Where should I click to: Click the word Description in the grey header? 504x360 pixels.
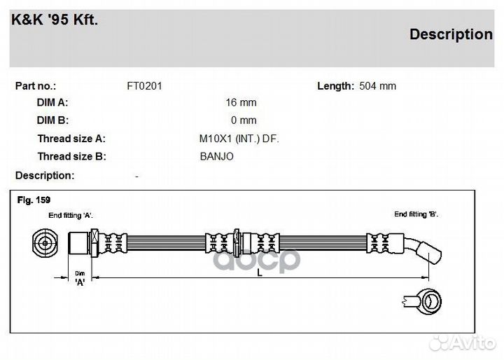[x=450, y=34]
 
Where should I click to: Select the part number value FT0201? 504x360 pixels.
[x=144, y=86]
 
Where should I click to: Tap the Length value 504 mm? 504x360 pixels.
[x=377, y=86]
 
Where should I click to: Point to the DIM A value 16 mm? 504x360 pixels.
[x=241, y=102]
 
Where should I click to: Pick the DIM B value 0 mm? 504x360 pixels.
[x=244, y=120]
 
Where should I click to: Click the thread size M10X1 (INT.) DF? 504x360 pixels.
[x=239, y=139]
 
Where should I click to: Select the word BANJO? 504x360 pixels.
[x=216, y=157]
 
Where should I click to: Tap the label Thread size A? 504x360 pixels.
[x=71, y=139]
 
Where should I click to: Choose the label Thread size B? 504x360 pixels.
[x=71, y=157]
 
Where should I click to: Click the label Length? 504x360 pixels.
[x=335, y=86]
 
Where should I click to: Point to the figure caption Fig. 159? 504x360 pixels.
[x=34, y=200]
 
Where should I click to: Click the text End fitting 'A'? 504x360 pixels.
[x=71, y=216]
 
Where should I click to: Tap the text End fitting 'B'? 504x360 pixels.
[x=416, y=214]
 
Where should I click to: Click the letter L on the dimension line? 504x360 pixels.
[x=260, y=274]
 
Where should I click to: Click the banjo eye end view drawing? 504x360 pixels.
[x=427, y=301]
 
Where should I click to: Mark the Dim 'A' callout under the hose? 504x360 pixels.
[x=80, y=278]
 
